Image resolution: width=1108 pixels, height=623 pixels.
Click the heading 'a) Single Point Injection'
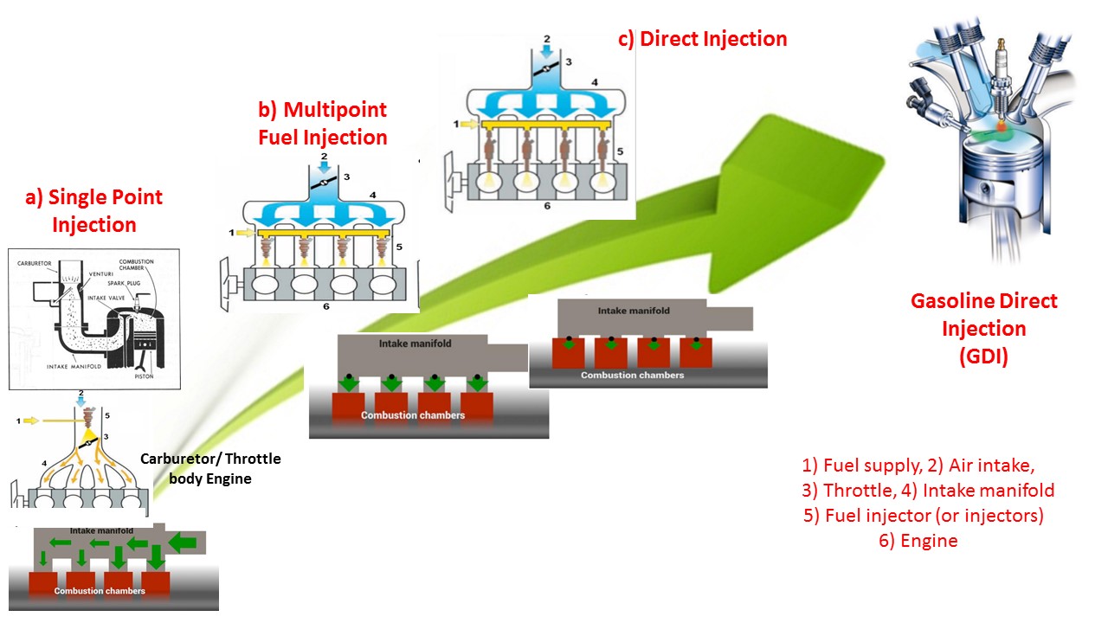pos(93,210)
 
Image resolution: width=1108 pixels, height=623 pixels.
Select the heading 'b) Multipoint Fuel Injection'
pos(322,124)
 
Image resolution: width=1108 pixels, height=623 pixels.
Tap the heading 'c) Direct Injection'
pos(702,39)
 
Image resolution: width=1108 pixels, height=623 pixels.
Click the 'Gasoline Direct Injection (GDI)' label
pos(983,329)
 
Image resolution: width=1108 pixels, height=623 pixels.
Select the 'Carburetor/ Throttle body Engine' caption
pos(211,468)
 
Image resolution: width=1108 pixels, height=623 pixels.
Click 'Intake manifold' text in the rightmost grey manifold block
pos(634,311)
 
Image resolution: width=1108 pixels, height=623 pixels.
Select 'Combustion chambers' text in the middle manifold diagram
pos(412,415)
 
